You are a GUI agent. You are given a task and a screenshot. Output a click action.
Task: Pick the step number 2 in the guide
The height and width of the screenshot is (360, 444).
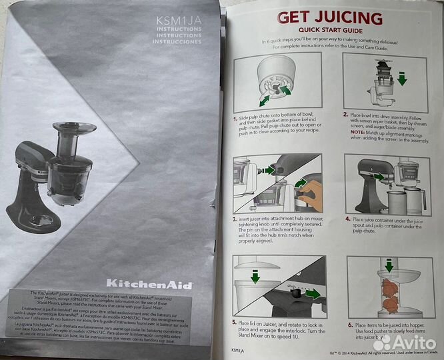point(345,114)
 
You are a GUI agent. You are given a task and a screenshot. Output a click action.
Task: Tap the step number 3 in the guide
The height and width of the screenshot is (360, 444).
point(235,218)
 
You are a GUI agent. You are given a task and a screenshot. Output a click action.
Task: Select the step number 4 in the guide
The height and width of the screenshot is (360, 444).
point(346,217)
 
